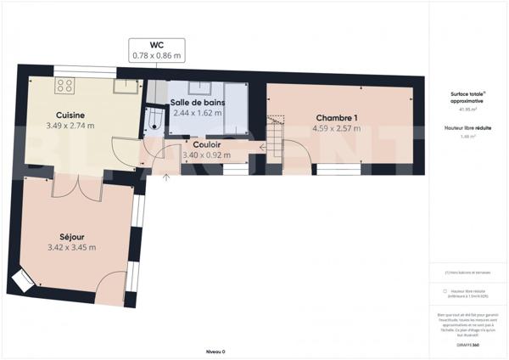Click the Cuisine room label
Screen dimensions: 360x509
70,115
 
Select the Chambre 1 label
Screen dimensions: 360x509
338,117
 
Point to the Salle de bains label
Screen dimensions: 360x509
197,102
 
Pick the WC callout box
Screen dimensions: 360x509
157,49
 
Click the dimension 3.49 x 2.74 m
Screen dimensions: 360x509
70,126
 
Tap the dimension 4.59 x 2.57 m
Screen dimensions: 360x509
338,129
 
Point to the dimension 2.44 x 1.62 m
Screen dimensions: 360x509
197,112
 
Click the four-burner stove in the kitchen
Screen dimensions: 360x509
64,85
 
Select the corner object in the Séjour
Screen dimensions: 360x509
23,280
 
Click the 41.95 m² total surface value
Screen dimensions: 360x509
467,110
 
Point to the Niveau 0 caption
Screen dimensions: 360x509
216,351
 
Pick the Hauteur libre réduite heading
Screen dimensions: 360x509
467,127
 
